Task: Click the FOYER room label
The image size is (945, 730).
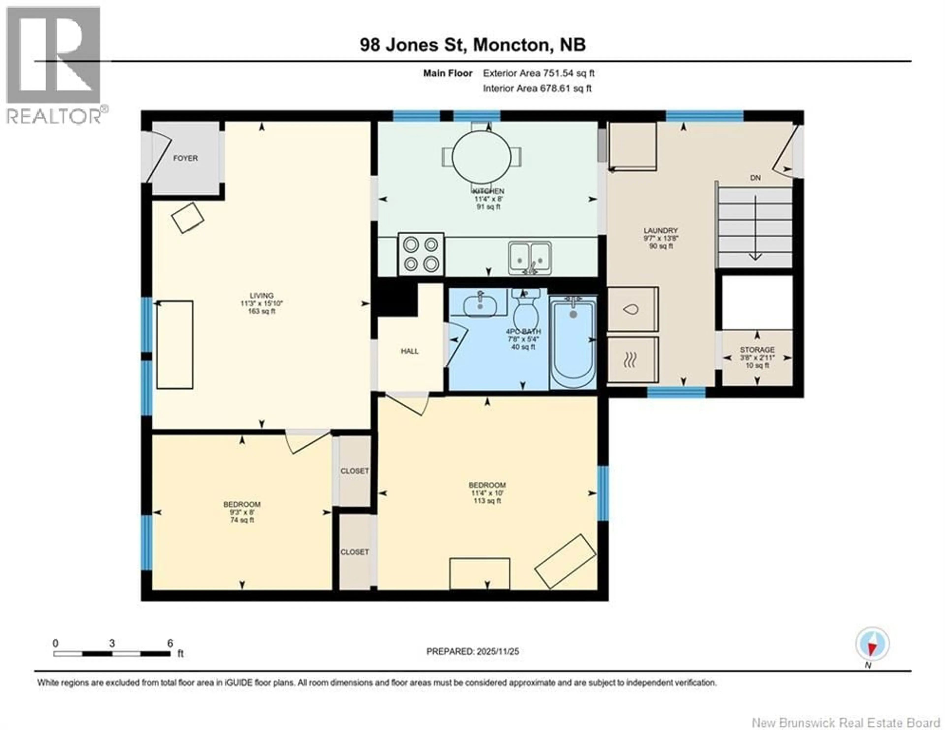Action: click(185, 158)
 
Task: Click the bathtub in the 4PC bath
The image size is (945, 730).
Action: click(573, 342)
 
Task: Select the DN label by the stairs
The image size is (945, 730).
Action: click(755, 178)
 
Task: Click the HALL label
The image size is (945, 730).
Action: click(409, 351)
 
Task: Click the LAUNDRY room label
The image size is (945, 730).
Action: click(660, 231)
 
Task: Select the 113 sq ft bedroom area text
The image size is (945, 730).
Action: click(487, 501)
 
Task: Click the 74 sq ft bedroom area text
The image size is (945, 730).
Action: click(242, 520)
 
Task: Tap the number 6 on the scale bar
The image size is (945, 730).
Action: click(170, 643)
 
